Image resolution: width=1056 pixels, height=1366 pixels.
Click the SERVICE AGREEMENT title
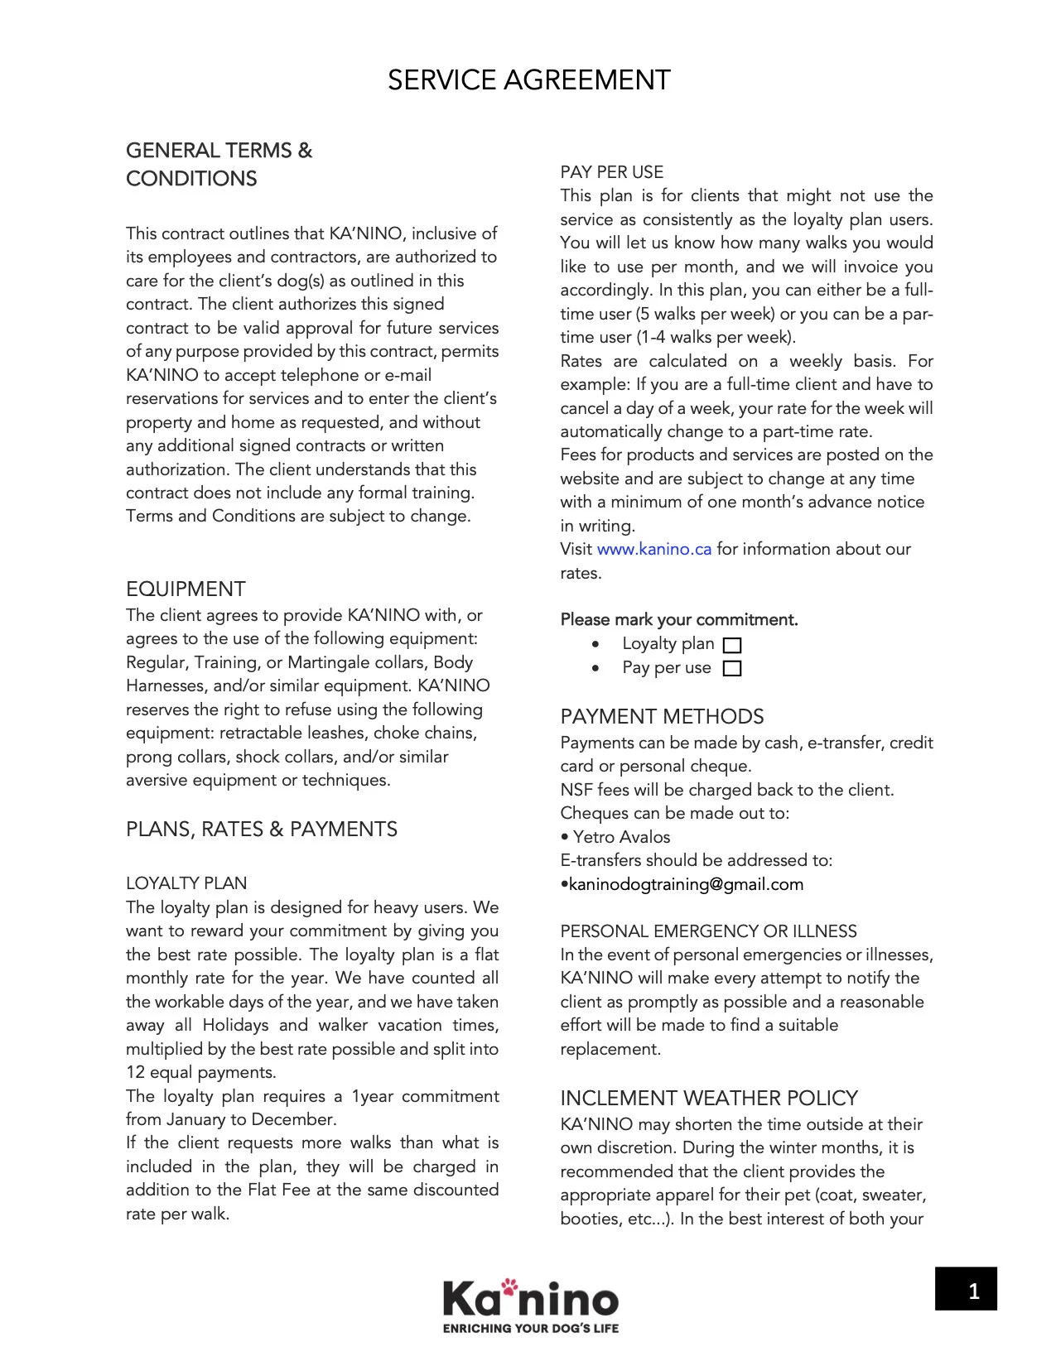[528, 80]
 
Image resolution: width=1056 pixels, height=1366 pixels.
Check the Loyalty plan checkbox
[732, 645]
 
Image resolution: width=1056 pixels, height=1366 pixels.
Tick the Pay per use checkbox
[732, 668]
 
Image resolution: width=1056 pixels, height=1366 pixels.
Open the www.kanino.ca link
[653, 549]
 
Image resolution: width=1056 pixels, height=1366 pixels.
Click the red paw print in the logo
[509, 1286]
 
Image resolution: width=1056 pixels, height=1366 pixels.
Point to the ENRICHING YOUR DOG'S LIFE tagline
[531, 1328]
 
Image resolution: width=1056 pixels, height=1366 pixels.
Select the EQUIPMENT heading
[186, 589]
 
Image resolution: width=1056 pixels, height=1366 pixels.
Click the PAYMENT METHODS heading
[662, 716]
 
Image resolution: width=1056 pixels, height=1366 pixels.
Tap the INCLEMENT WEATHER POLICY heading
[708, 1098]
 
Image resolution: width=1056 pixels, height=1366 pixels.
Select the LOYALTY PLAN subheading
[186, 883]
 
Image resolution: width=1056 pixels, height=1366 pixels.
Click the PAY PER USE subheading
[611, 172]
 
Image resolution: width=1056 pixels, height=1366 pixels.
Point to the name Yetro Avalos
[621, 837]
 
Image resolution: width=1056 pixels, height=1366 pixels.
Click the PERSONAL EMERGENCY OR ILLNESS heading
[708, 931]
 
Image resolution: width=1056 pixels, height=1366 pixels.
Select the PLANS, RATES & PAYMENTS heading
[262, 829]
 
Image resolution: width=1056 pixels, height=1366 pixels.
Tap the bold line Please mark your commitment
[679, 619]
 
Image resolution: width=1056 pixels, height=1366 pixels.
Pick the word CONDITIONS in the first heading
[191, 179]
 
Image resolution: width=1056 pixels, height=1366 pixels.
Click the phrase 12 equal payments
[200, 1072]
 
